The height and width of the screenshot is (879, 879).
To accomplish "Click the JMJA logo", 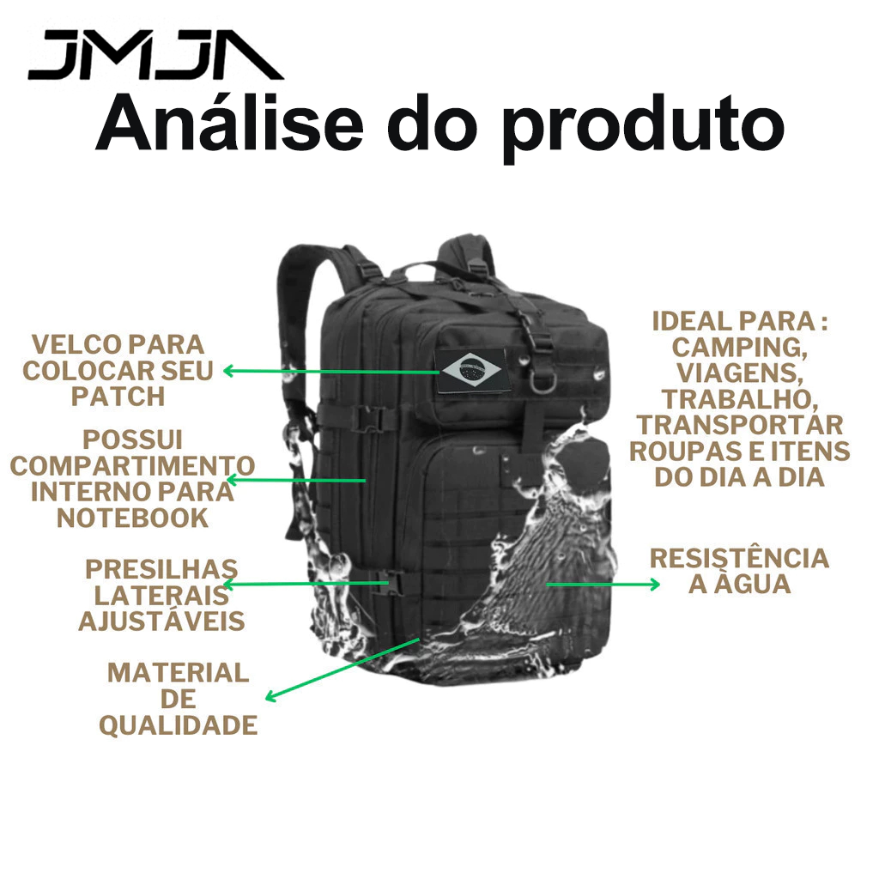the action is coord(156,55).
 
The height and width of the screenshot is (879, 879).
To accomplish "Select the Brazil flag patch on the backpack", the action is coord(471,369).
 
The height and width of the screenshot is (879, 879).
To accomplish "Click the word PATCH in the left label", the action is coord(118,397).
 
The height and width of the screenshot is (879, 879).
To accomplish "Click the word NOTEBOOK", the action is coord(133,518).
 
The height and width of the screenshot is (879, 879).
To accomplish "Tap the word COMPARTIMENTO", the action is coord(133,466).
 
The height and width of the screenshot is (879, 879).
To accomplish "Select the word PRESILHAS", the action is coord(161,570).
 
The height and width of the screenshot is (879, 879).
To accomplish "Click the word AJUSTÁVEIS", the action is coord(162,621).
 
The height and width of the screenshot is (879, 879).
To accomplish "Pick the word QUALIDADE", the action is coord(179,724).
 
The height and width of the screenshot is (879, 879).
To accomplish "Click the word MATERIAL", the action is coord(179,673).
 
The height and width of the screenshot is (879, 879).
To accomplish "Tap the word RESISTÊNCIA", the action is coord(739,558).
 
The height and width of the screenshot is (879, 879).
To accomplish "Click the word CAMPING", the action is coord(739,348).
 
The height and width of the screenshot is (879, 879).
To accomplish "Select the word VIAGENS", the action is coord(739,373).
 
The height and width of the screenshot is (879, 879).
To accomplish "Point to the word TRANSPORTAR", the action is coord(739,426).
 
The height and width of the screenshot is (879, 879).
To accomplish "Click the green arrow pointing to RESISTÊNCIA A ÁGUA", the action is coord(603,585).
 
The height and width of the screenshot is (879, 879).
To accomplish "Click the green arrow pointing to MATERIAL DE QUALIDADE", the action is coord(343,670).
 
